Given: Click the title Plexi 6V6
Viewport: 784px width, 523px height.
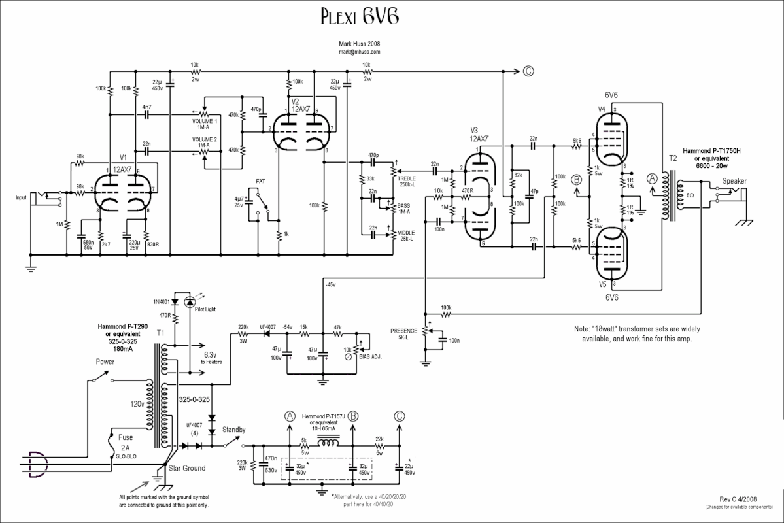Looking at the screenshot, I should tap(359, 16).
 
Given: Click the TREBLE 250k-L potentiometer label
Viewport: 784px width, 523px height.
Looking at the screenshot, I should tap(406, 181).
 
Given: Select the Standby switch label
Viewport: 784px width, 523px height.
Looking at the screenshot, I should tap(234, 430).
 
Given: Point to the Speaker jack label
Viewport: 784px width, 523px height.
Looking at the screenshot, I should tap(734, 181).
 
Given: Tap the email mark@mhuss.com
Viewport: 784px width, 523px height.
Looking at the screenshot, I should tap(359, 51).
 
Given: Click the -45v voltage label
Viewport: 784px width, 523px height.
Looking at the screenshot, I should tap(330, 284).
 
